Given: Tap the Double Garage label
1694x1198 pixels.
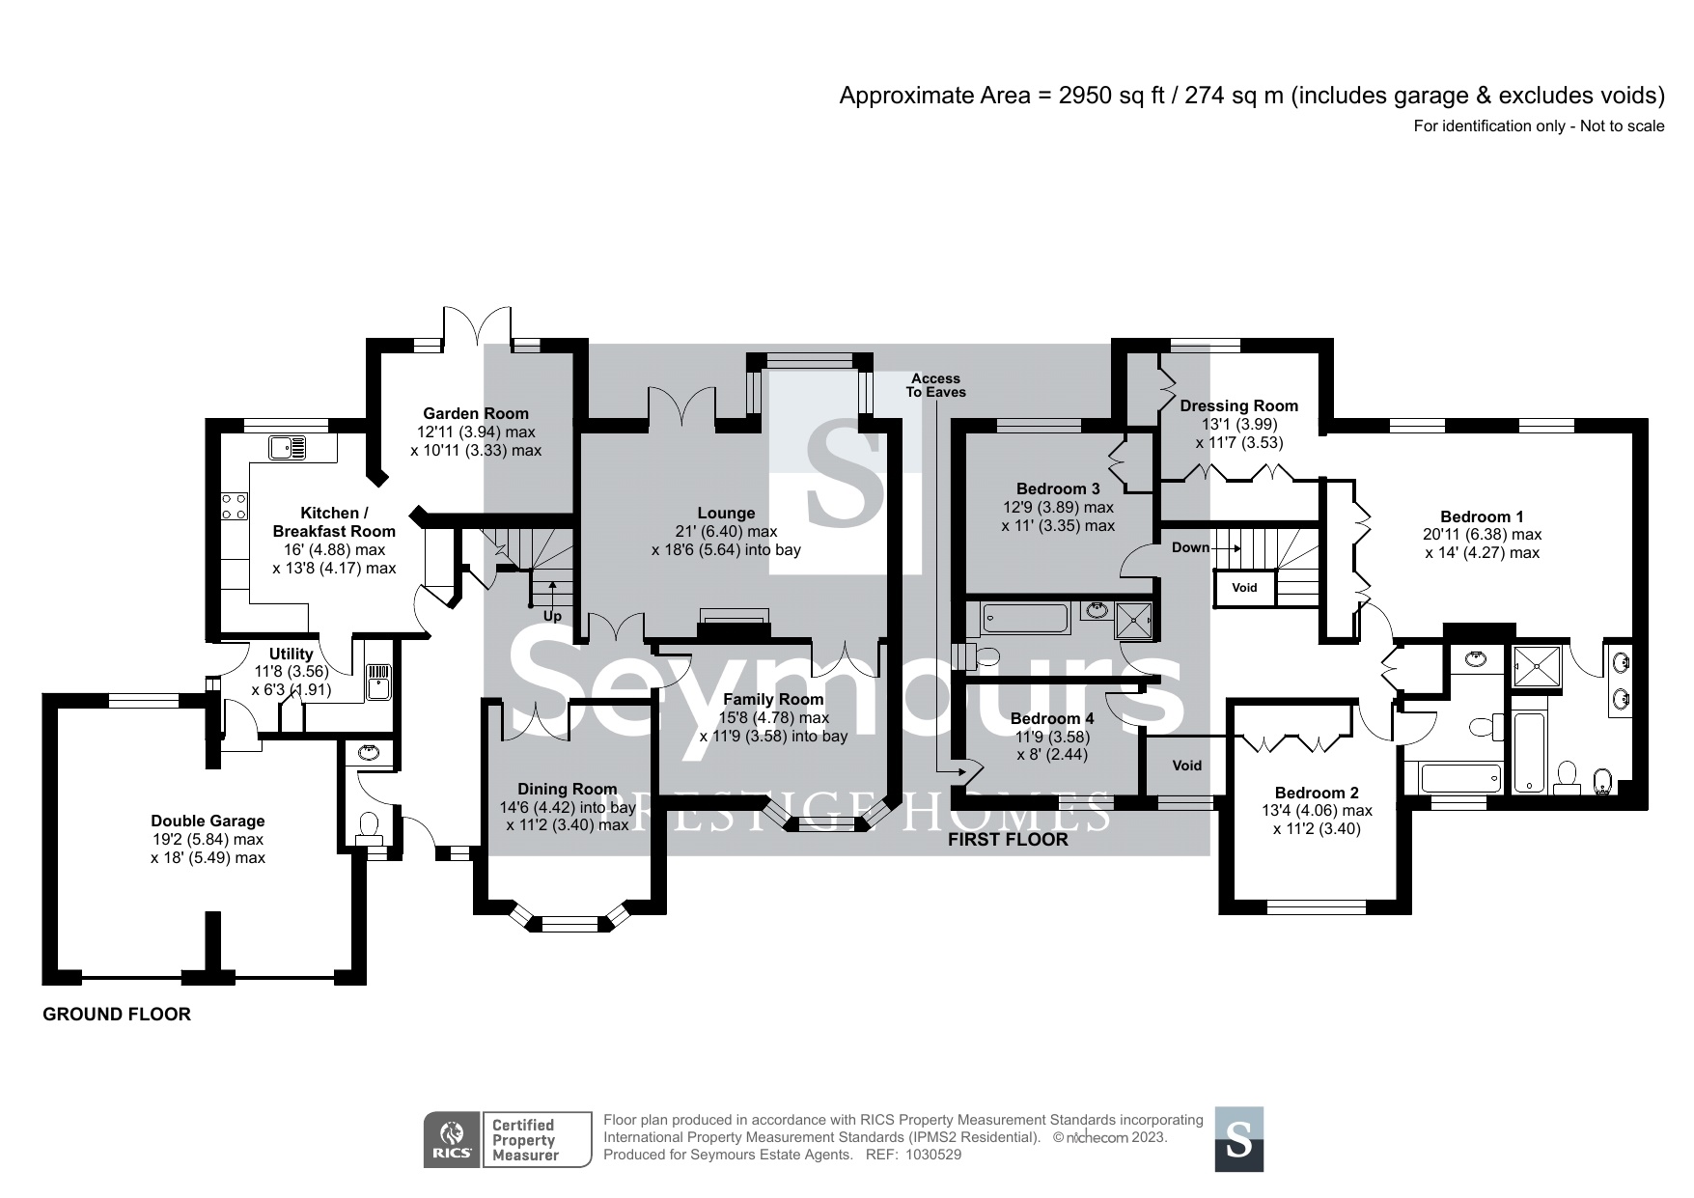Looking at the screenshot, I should [208, 821].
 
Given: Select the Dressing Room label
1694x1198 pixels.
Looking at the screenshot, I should [1238, 405].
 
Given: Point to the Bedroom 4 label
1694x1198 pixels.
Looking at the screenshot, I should [1052, 718].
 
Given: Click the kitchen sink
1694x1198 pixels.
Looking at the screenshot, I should [289, 447].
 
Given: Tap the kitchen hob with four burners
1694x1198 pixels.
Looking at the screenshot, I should [235, 507].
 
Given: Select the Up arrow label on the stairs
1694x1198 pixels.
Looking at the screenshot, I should [552, 615].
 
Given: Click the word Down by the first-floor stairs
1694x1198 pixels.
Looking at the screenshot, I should [1190, 547].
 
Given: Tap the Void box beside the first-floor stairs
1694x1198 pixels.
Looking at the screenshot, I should [1244, 587].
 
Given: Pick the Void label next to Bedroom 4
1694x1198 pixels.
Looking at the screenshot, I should [1186, 765].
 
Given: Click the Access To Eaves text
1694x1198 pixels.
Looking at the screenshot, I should [935, 385].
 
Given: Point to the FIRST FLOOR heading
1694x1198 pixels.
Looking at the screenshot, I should [1008, 839].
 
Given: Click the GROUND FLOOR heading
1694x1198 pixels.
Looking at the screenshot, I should [117, 1014].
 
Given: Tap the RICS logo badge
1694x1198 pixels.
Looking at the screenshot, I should [452, 1139].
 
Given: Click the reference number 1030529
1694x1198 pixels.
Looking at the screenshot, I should [935, 1154].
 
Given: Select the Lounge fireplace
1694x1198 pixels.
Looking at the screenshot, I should [735, 623].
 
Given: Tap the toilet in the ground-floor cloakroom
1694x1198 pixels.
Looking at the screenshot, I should [369, 825].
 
